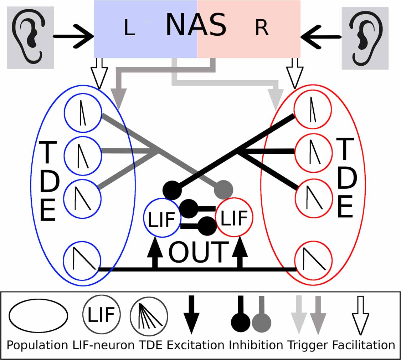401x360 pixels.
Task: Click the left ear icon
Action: coord(30,37)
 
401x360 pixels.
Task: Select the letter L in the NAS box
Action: coord(129,29)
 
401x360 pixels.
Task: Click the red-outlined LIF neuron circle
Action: coord(234,217)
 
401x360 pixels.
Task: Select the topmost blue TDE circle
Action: coord(83,113)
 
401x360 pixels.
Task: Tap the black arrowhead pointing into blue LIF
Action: coord(155,246)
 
